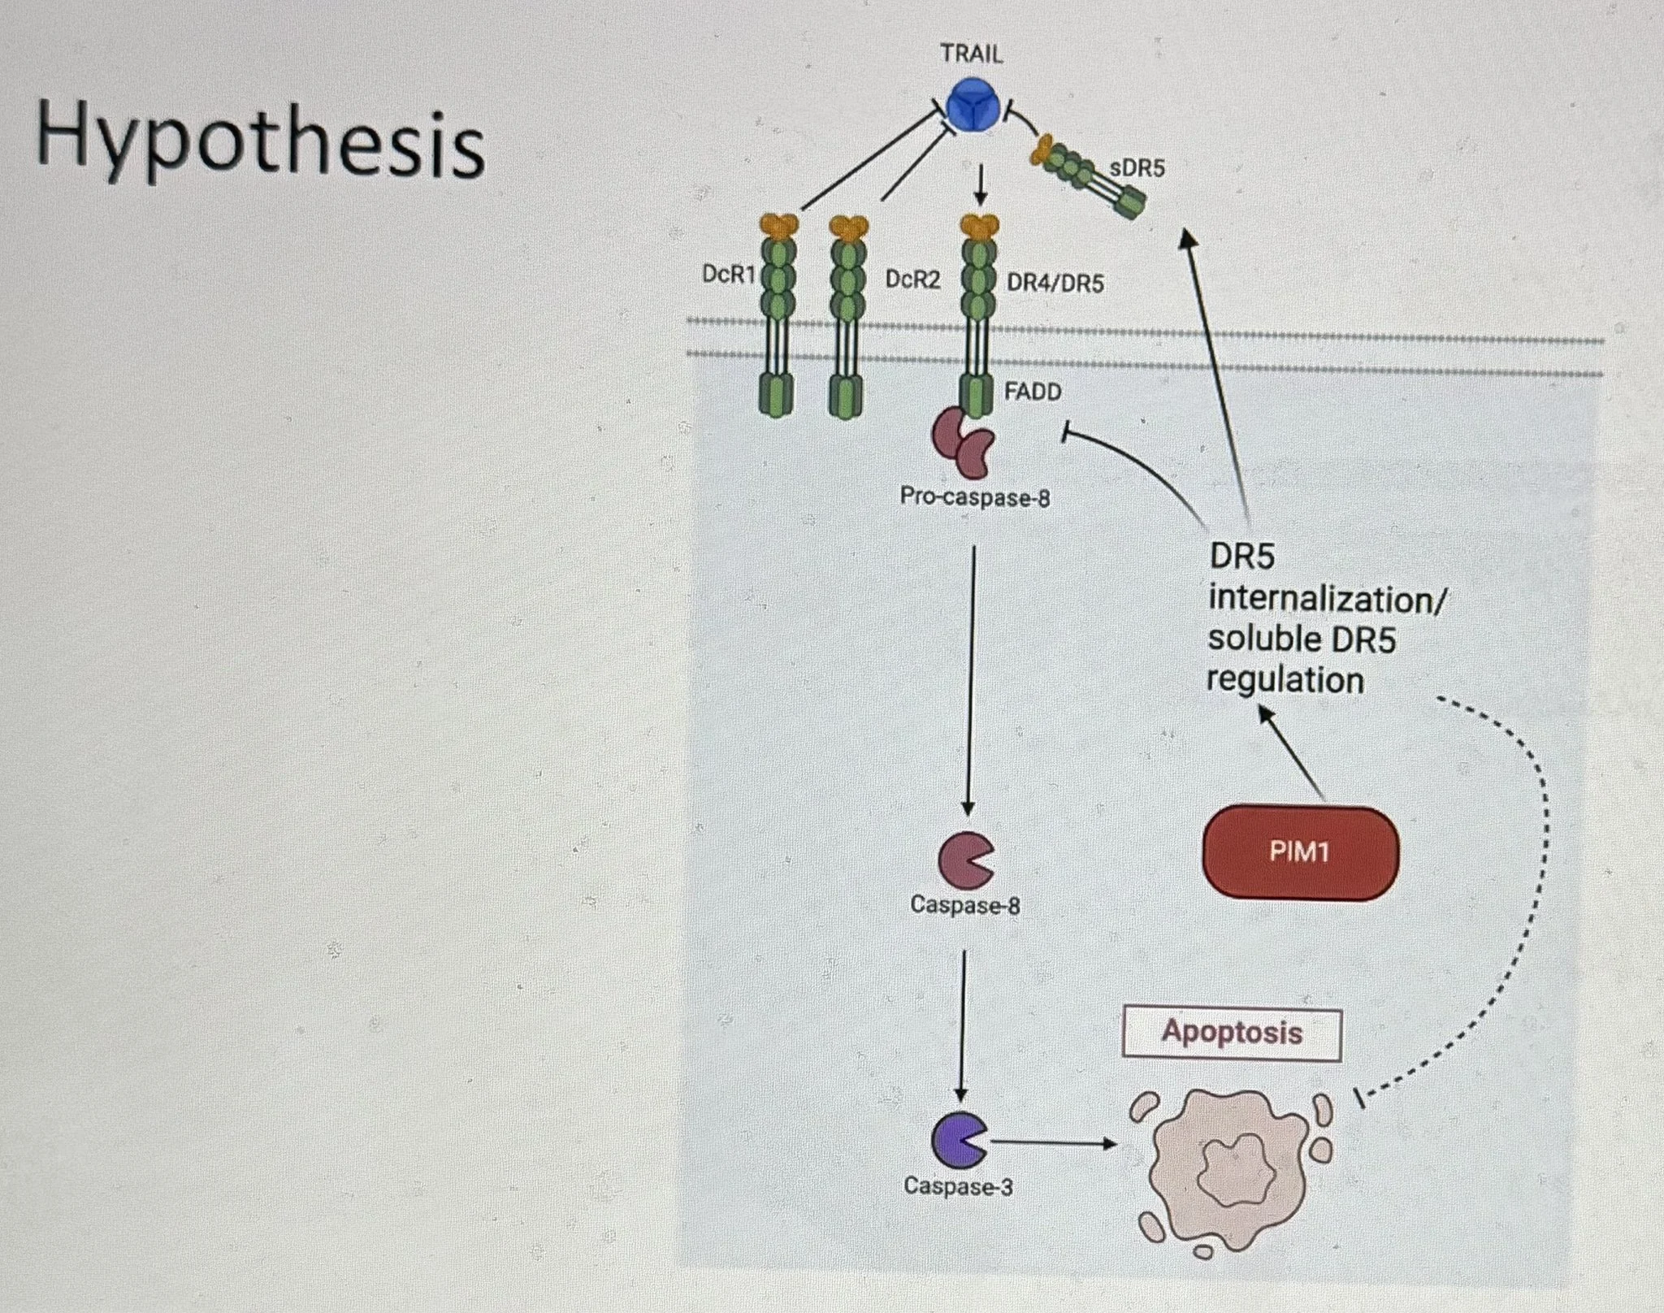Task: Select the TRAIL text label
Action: click(971, 54)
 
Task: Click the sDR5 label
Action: click(1137, 168)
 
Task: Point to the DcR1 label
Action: click(728, 275)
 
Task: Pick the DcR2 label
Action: click(912, 279)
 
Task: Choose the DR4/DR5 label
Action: click(1055, 284)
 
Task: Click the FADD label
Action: click(1032, 392)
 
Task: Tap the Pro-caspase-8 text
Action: click(974, 496)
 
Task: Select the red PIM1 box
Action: click(1299, 852)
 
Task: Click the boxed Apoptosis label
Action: click(1231, 1033)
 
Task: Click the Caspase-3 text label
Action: click(958, 1187)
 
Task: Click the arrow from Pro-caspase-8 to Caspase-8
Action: click(969, 682)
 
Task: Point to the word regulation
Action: click(1285, 679)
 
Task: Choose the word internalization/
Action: click(1327, 600)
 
